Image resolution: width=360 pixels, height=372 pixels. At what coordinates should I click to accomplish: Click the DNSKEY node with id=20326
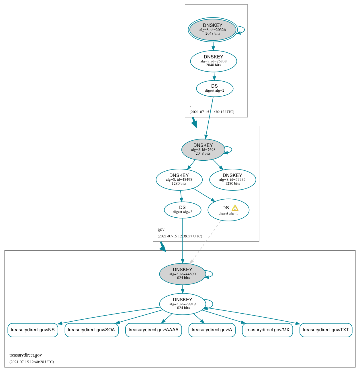(x=213, y=29)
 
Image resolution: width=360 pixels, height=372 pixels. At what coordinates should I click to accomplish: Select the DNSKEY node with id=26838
(x=214, y=61)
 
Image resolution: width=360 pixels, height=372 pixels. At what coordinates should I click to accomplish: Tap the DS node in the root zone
(x=215, y=88)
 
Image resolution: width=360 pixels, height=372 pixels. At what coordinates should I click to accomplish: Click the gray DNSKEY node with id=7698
(x=203, y=149)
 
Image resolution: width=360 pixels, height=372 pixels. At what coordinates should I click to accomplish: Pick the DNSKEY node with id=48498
(x=179, y=180)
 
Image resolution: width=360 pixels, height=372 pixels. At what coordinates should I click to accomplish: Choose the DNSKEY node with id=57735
(x=232, y=180)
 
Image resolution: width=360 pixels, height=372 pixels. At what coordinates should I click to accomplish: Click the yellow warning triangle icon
(x=235, y=208)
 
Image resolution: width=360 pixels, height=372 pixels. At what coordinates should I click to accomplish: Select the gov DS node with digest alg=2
(x=183, y=210)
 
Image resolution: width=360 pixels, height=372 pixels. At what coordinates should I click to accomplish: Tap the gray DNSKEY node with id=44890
(x=183, y=274)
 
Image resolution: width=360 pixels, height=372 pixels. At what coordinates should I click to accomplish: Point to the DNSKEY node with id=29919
(x=183, y=304)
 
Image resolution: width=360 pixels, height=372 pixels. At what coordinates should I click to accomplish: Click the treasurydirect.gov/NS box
(x=33, y=330)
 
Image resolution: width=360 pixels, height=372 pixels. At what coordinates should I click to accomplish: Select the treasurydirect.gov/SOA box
(x=91, y=330)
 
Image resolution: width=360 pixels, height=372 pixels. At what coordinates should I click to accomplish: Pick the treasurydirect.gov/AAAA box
(x=153, y=330)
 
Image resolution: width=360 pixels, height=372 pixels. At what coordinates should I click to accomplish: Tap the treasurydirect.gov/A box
(x=212, y=330)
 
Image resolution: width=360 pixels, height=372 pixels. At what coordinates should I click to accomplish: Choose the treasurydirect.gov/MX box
(x=267, y=330)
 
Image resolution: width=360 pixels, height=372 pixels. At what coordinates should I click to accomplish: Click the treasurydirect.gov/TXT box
(x=326, y=330)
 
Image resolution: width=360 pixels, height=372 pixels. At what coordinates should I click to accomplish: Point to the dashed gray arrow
(x=205, y=242)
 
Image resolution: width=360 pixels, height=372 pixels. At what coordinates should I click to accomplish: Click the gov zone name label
(x=161, y=229)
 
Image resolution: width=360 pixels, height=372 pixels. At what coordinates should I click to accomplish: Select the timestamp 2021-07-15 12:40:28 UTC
(x=32, y=362)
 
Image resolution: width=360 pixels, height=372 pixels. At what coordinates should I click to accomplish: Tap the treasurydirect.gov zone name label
(x=26, y=355)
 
